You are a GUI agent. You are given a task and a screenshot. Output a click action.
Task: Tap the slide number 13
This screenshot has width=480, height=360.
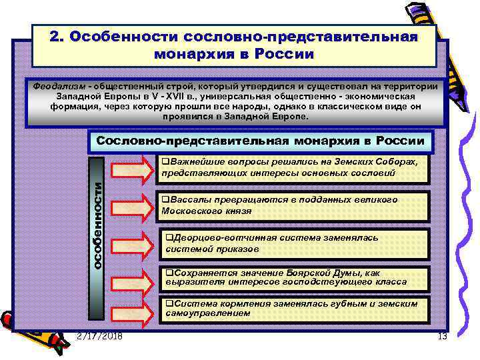click(441, 337)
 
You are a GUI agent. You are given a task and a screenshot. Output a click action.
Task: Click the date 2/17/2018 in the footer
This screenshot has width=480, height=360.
click(99, 336)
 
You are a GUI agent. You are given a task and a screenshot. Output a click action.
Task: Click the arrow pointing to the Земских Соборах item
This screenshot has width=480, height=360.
click(132, 169)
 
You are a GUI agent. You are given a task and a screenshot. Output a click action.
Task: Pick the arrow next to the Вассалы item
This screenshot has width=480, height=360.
click(132, 205)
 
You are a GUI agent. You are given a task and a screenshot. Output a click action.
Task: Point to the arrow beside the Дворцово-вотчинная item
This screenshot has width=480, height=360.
click(132, 244)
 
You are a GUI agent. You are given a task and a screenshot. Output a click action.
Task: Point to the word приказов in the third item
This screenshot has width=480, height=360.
click(236, 249)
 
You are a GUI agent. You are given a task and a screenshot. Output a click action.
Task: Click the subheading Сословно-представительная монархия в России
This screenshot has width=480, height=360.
click(260, 141)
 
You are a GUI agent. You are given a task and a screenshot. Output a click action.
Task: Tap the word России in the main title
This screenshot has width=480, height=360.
click(286, 55)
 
